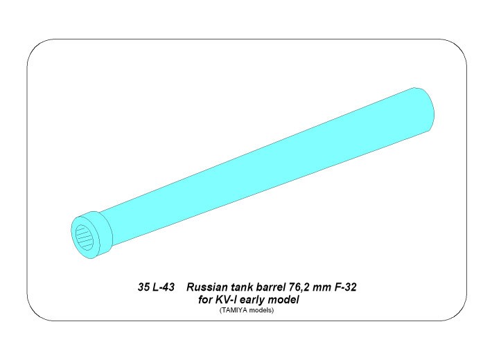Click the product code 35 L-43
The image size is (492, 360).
[x=156, y=287]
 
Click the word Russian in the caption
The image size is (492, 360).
[x=207, y=287]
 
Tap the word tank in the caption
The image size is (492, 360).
[x=243, y=287]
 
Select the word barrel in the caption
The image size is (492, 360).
[x=270, y=287]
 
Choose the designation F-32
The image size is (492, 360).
[x=346, y=287]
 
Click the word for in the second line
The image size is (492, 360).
[x=205, y=300]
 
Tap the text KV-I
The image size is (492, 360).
[x=226, y=300]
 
